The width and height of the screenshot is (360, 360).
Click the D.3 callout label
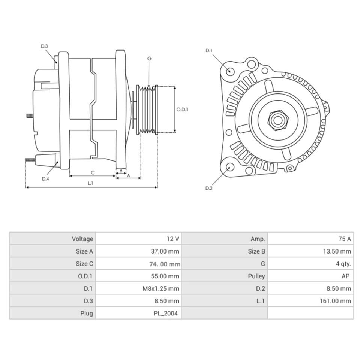click(x=44, y=46)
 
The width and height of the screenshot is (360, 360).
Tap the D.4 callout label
click(x=45, y=179)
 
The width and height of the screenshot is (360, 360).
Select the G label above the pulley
click(x=149, y=58)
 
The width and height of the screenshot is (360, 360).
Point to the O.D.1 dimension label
click(x=182, y=109)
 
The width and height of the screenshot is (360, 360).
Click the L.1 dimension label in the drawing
click(x=90, y=183)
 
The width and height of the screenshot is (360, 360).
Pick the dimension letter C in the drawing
click(x=93, y=172)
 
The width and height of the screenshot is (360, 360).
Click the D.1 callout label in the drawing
click(x=209, y=51)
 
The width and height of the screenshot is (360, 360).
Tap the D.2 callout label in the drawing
click(x=209, y=188)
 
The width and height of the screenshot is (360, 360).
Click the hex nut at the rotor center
click(x=277, y=120)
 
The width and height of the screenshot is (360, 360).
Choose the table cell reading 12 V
click(x=139, y=239)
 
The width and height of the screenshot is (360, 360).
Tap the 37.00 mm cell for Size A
click(x=139, y=251)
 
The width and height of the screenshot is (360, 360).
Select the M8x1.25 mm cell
click(x=139, y=288)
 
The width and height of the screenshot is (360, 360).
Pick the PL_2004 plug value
click(x=139, y=313)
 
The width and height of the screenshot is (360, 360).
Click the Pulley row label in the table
click(x=225, y=276)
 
